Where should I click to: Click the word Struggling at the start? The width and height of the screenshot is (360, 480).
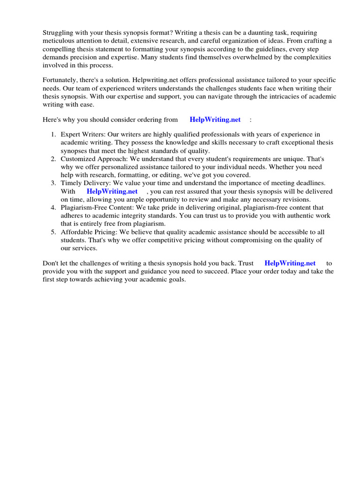[59, 32]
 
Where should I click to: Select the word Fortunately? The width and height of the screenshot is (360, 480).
[61, 80]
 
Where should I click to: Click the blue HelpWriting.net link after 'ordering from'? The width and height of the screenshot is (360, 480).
[215, 120]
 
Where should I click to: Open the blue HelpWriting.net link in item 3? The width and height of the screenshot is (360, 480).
[112, 191]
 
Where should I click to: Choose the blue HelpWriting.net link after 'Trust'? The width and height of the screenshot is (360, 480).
[290, 263]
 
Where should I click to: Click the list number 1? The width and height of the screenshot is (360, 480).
[53, 135]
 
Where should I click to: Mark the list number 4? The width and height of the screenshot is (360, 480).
[53, 207]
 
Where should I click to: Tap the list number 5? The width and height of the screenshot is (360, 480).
[53, 232]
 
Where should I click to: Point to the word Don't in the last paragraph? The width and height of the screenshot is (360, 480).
[51, 263]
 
